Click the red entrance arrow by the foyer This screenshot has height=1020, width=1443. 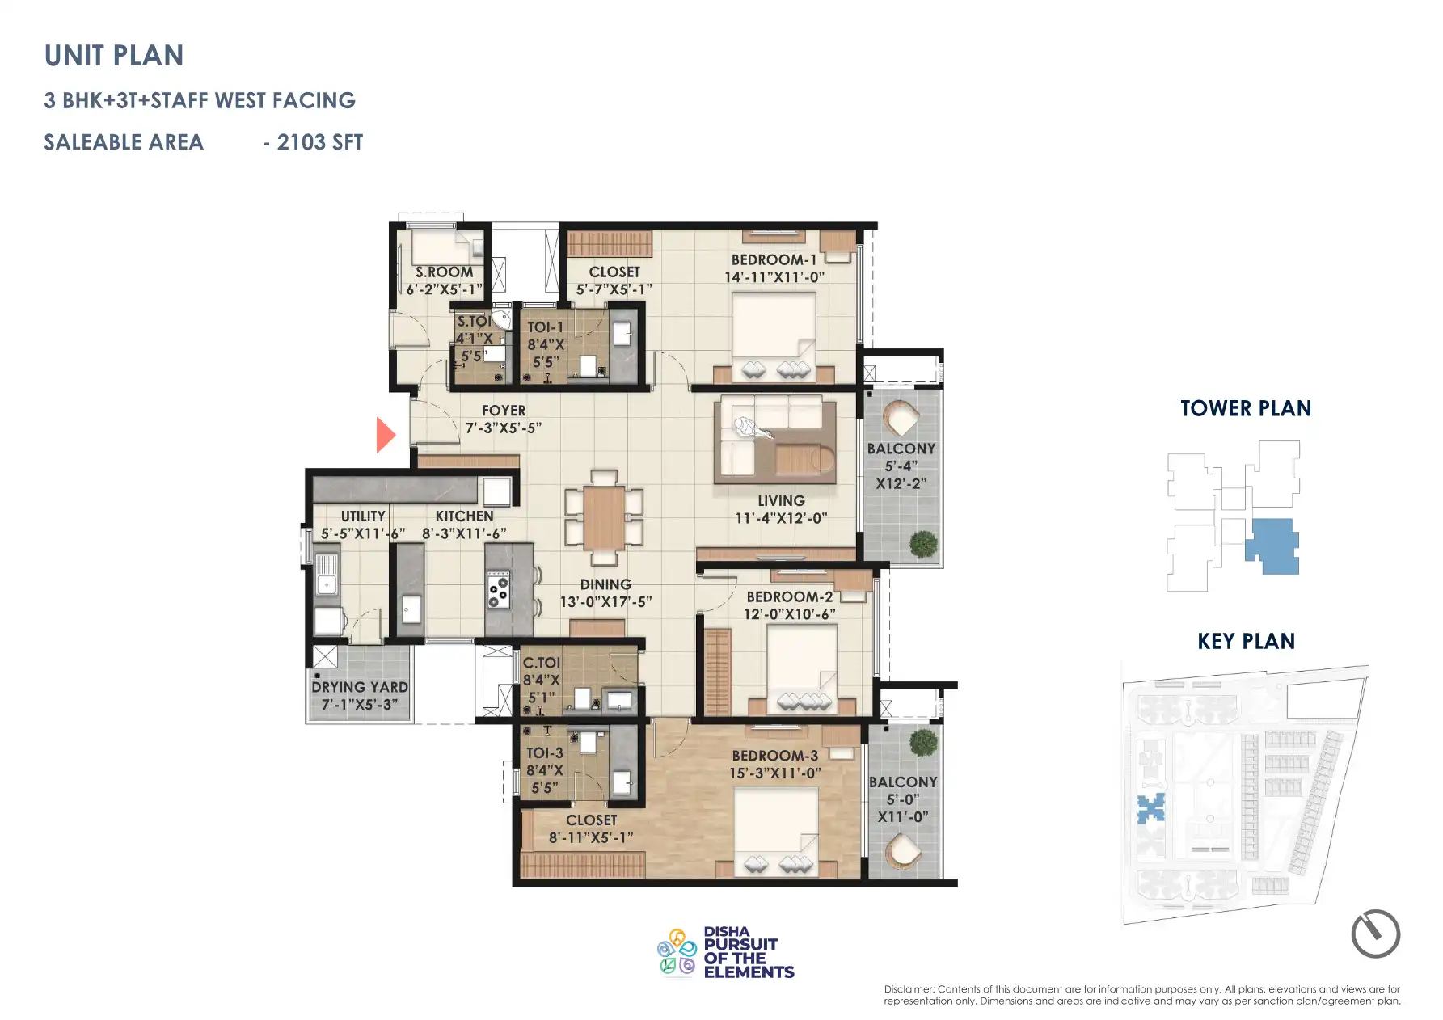pyautogui.click(x=386, y=435)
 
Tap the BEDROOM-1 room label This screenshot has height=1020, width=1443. pyautogui.click(x=774, y=259)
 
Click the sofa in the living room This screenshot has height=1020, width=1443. pyautogui.click(x=774, y=436)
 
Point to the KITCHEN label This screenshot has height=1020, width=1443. pyautogui.click(x=464, y=516)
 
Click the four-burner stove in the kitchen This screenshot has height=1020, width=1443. pyautogui.click(x=497, y=590)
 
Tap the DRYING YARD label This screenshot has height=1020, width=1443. pyautogui.click(x=360, y=687)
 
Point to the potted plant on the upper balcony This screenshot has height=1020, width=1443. pyautogui.click(x=923, y=544)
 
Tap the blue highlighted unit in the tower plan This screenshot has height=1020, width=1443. pyautogui.click(x=1271, y=546)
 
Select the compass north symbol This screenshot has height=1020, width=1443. pyautogui.click(x=1375, y=934)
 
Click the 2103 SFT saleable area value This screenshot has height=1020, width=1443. pyautogui.click(x=319, y=142)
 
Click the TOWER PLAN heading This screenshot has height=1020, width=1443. pyautogui.click(x=1245, y=408)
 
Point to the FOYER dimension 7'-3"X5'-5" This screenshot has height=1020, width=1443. pyautogui.click(x=503, y=428)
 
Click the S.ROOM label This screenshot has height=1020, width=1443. pyautogui.click(x=444, y=272)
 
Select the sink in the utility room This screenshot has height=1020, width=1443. pyautogui.click(x=327, y=580)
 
